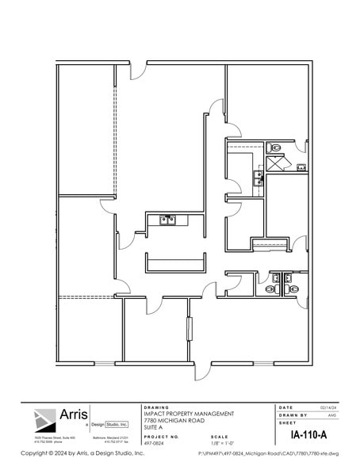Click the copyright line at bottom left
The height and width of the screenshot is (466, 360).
point(71,453)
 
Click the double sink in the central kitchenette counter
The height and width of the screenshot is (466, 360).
point(167,220)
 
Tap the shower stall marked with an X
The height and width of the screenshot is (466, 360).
point(277,164)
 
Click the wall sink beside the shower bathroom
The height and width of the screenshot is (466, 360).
point(301,166)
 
